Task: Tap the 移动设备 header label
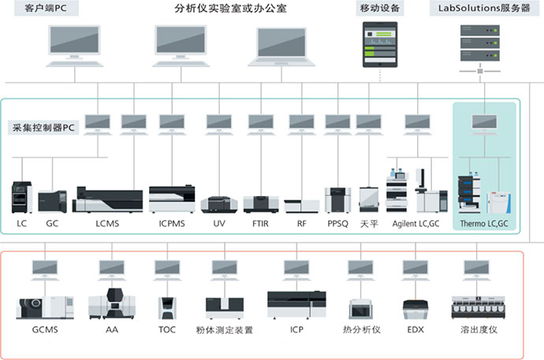click(379, 9)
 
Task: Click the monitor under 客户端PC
click(74, 43)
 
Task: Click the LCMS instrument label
click(107, 224)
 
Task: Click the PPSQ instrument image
click(337, 199)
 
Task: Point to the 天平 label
click(369, 224)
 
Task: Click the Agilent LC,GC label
click(415, 224)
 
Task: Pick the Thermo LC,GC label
click(484, 224)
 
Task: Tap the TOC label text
click(167, 330)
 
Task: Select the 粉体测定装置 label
click(225, 330)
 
